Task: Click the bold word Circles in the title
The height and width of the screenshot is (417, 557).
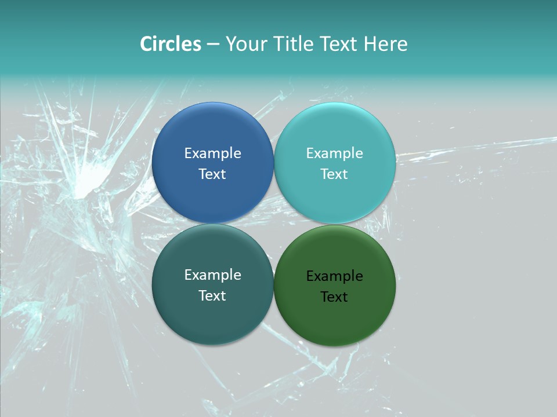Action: (x=171, y=44)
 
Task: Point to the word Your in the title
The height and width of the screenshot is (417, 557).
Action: (x=244, y=44)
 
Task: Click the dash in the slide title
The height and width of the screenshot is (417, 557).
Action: (x=213, y=45)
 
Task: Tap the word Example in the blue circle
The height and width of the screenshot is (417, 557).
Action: (x=212, y=153)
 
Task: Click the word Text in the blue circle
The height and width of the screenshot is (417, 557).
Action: (x=212, y=174)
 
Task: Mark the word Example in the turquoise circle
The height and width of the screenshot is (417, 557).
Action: (x=334, y=153)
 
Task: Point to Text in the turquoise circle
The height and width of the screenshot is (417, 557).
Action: (x=334, y=174)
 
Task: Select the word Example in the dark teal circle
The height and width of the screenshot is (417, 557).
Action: (x=212, y=275)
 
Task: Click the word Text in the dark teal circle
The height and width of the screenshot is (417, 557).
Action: (x=212, y=295)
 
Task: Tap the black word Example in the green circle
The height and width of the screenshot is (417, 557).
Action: (x=334, y=276)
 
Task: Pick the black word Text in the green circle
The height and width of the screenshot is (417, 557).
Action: (x=334, y=297)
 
